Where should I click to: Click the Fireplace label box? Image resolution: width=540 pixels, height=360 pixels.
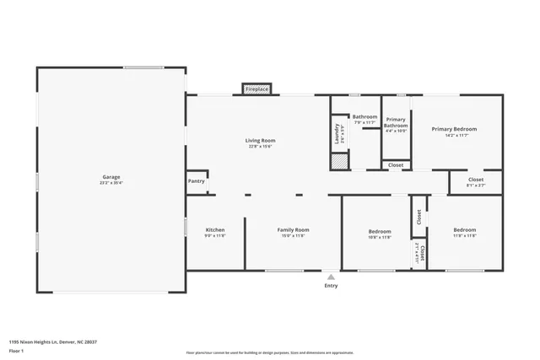click(x=256, y=89)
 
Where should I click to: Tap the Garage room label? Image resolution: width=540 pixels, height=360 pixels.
click(x=112, y=177)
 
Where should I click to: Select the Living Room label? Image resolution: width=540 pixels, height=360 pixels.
click(x=260, y=141)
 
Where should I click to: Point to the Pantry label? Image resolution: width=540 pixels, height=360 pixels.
click(x=196, y=180)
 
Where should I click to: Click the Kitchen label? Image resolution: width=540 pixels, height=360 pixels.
click(x=215, y=230)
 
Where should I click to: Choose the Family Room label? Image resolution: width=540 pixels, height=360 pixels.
click(x=294, y=230)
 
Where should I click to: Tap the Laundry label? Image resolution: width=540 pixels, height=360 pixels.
click(x=337, y=134)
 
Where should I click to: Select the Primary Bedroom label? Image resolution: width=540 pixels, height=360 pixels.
click(x=454, y=129)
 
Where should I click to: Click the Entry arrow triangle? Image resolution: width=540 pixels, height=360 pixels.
click(x=331, y=276)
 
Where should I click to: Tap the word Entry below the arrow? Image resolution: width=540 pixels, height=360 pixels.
click(x=331, y=285)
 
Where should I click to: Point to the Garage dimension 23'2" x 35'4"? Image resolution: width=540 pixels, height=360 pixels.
click(x=112, y=183)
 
